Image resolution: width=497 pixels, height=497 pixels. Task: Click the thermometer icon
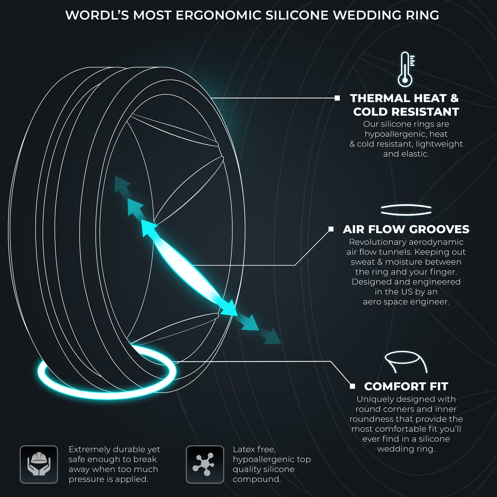coord(406,69)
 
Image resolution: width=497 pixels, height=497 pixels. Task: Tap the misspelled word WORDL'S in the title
coord(97,15)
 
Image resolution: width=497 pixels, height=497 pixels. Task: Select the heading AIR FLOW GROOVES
coord(406,229)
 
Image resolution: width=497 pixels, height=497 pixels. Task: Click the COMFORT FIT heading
coord(406,386)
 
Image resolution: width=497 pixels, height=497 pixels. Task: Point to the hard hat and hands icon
coord(39,464)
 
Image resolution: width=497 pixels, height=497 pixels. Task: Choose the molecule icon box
coord(205,464)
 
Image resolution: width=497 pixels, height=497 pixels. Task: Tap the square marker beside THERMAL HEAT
coord(337,98)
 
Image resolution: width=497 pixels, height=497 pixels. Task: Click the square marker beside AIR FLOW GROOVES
coord(331,229)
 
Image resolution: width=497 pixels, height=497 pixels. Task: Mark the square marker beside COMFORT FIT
coord(352,386)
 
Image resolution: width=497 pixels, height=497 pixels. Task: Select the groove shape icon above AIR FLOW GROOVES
coord(406,210)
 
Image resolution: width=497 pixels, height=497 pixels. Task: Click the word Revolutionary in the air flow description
coord(375,242)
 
